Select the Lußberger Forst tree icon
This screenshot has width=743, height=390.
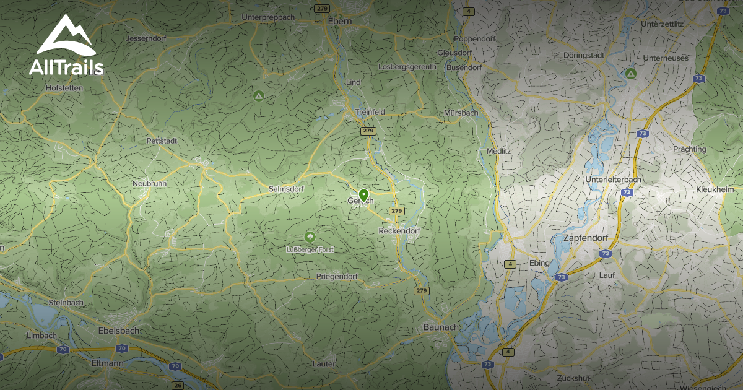click(309, 237)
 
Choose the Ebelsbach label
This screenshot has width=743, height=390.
click(119, 331)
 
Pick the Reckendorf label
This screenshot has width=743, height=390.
click(399, 231)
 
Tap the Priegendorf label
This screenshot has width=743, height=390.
click(337, 276)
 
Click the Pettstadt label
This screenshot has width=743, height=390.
click(162, 141)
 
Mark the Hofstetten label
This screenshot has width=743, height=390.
click(64, 88)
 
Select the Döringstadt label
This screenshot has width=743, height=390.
click(584, 55)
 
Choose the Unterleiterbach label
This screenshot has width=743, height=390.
click(613, 180)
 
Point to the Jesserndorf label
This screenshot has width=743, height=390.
click(144, 38)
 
